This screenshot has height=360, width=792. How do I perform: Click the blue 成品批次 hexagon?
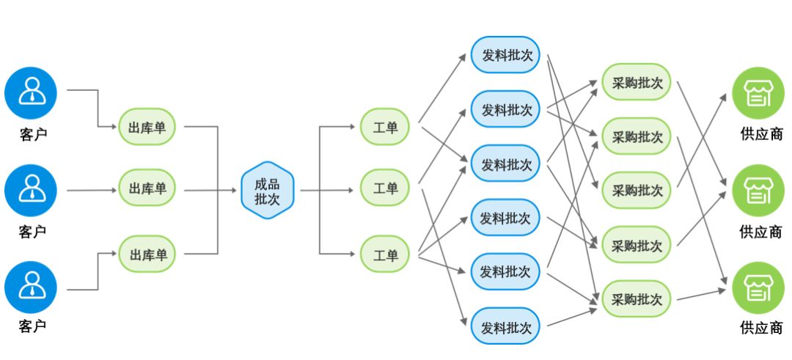coord(267,190)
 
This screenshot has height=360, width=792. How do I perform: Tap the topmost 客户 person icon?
coord(31,93)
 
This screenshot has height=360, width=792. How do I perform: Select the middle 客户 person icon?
coord(31,190)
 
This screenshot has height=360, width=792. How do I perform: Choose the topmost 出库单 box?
coord(148,127)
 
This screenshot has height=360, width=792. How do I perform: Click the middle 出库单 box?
coord(148,189)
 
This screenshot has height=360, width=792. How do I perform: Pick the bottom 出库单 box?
coord(148,254)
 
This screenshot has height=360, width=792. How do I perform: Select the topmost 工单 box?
coord(385,127)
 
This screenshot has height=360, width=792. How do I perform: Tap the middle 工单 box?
coord(385,189)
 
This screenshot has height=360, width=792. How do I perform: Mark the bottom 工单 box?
coord(385,254)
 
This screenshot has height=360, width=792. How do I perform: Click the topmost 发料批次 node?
coord(505,55)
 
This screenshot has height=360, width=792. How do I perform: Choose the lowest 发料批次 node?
coord(505,326)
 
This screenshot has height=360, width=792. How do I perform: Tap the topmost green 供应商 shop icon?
coord(758,93)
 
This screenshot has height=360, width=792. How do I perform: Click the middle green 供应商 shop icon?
coord(758,190)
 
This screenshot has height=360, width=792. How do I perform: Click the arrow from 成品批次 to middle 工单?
coord(330,190)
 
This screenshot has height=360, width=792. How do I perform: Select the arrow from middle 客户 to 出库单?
coord(92,190)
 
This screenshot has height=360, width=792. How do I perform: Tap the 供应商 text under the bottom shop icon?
coord(760,328)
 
